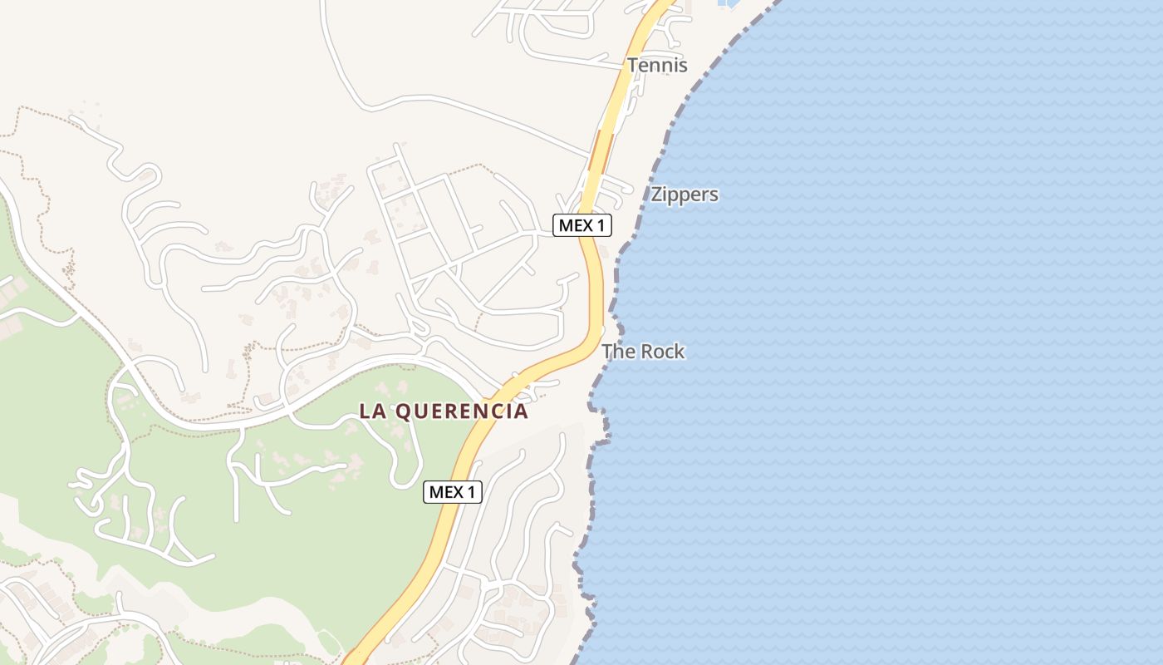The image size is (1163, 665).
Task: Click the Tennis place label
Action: click(x=657, y=65)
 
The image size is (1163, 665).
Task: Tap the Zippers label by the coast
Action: click(x=684, y=195)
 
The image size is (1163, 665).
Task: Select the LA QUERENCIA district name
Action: click(x=444, y=411)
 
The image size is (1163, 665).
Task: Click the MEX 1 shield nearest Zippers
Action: click(x=582, y=225)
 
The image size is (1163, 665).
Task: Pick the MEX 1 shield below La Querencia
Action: click(x=453, y=492)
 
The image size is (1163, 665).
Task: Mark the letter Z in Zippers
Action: click(x=657, y=195)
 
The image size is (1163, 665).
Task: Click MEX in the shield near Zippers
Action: click(x=575, y=225)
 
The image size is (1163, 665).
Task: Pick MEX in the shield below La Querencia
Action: click(x=445, y=492)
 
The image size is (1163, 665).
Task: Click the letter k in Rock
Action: click(x=680, y=352)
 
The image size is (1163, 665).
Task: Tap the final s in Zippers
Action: click(x=714, y=195)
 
